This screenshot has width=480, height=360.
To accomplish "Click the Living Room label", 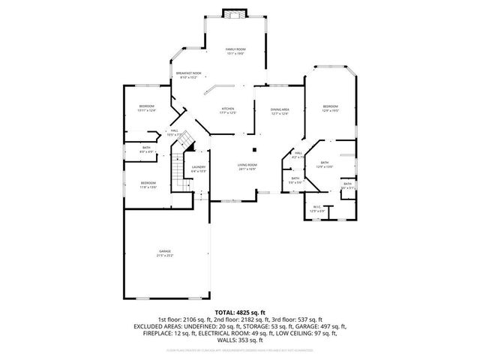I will click(x=247, y=167).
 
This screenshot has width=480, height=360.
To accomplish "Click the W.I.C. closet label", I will click(x=316, y=208).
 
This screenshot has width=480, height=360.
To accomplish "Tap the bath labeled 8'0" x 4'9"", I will click(x=147, y=149).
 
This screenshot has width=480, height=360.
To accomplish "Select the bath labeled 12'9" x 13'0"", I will click(x=325, y=164).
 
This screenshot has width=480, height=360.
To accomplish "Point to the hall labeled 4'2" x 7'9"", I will click(x=298, y=155).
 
